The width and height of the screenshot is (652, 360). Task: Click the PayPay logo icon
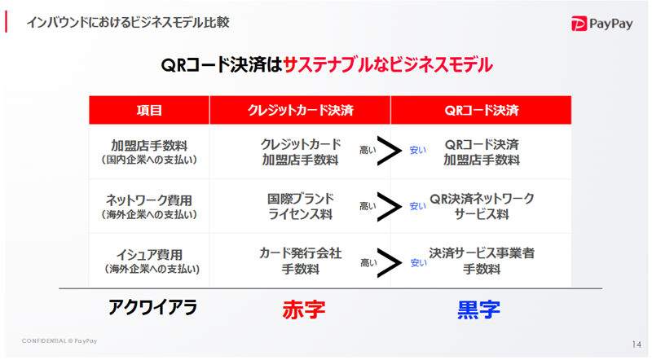pyautogui.click(x=579, y=24)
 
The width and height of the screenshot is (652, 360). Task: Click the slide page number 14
pyautogui.click(x=637, y=345)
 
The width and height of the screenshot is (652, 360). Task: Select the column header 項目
pyautogui.click(x=149, y=110)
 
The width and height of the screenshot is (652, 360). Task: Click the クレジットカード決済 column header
pyautogui.click(x=300, y=110)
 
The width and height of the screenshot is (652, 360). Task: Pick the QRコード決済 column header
pyautogui.click(x=482, y=110)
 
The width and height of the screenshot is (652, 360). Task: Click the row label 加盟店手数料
pyautogui.click(x=149, y=146)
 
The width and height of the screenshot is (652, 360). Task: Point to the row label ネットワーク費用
pyautogui.click(x=149, y=200)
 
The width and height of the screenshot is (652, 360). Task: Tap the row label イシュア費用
pyautogui.click(x=149, y=255)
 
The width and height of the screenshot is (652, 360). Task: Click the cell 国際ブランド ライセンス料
pyautogui.click(x=300, y=207)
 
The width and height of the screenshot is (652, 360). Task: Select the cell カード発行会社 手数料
pyautogui.click(x=300, y=261)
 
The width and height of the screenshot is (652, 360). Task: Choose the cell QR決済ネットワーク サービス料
pyautogui.click(x=482, y=207)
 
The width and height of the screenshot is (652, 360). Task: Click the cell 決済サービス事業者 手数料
pyautogui.click(x=482, y=261)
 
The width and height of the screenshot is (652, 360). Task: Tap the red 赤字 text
pyautogui.click(x=304, y=310)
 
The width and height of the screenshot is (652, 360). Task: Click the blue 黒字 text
pyautogui.click(x=478, y=310)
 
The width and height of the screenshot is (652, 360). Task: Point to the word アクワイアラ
pyautogui.click(x=152, y=308)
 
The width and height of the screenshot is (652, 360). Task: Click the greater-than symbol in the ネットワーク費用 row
pyautogui.click(x=390, y=206)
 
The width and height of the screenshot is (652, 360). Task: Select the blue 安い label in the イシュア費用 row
pyautogui.click(x=418, y=263)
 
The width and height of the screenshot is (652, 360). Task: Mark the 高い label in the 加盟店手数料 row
pyautogui.click(x=368, y=150)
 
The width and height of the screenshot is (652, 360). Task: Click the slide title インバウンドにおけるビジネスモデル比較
pyautogui.click(x=128, y=22)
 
